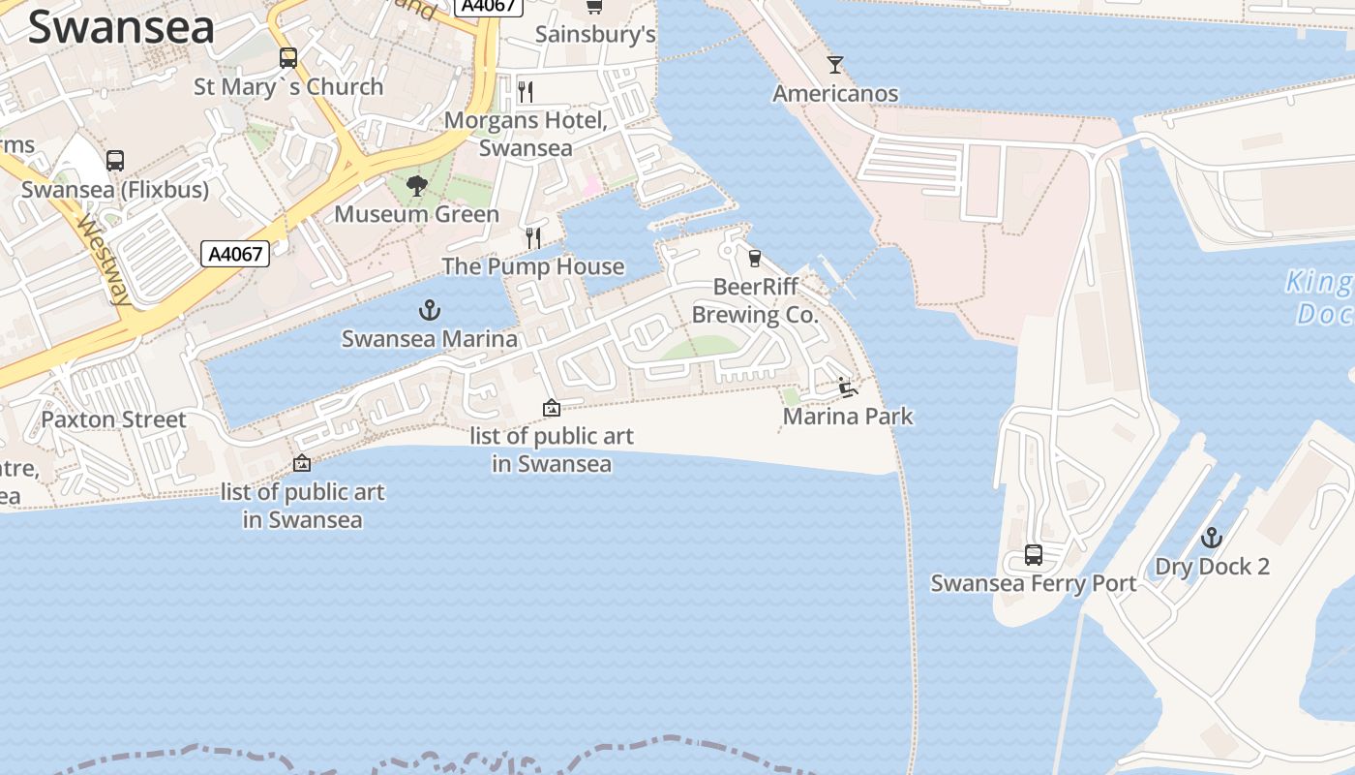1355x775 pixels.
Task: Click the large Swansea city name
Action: coord(121,27)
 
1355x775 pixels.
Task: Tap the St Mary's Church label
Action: coord(288,86)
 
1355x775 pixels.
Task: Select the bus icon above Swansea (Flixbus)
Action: coord(115,161)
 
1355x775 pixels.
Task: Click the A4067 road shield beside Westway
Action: coord(235,254)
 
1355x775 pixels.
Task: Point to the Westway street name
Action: coord(104,259)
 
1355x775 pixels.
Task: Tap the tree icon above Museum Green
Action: coord(417,185)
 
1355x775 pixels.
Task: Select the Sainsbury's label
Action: coord(595,35)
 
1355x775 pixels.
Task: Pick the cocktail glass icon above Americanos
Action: coord(835,65)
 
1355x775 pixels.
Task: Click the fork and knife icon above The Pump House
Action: coord(532,237)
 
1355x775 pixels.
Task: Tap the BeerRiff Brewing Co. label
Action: coord(755,300)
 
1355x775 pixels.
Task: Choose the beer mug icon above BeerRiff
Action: coord(755,259)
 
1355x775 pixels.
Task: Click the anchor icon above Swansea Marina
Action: coord(429,310)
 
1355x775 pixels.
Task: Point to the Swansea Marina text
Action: coord(429,339)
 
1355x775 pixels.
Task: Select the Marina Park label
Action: coord(848,417)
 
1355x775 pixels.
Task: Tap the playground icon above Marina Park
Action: coord(848,387)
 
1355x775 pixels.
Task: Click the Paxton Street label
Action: coord(113,419)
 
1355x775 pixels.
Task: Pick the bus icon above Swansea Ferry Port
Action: coord(1034,555)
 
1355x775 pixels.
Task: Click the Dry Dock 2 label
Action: coord(1212,567)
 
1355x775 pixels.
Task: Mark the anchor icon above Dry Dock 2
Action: coord(1212,538)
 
